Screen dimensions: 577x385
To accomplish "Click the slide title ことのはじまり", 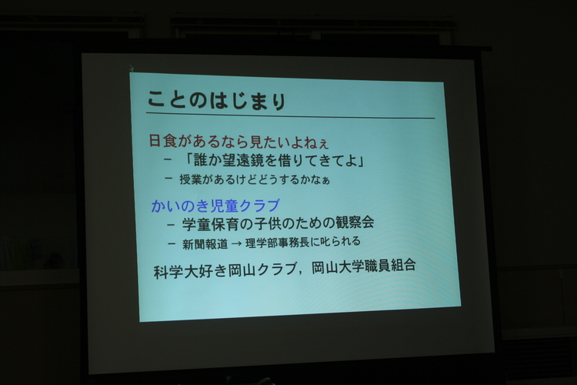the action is [217, 100].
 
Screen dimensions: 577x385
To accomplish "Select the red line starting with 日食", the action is [238, 141].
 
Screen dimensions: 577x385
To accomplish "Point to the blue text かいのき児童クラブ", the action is [215, 206].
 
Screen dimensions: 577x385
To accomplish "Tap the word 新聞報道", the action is [205, 244].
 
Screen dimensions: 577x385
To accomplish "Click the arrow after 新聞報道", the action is [237, 244].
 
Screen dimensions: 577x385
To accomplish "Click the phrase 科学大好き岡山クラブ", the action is [225, 271].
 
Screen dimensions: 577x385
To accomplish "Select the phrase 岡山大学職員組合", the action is [364, 266].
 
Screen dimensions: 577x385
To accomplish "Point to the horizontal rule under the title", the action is [291, 115].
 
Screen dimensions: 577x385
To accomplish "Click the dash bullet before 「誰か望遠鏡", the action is [168, 159].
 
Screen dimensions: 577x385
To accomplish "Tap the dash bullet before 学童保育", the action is [170, 224].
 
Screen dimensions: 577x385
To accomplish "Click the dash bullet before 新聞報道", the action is [172, 244].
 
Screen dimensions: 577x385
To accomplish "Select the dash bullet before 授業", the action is [168, 179].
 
